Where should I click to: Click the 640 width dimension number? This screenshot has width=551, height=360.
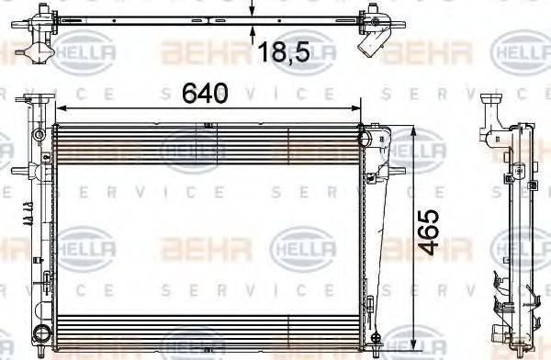coord(204,94)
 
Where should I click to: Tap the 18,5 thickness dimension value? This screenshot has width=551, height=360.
coord(281,51)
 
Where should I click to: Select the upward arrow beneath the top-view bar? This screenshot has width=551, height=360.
coord(252,32)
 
